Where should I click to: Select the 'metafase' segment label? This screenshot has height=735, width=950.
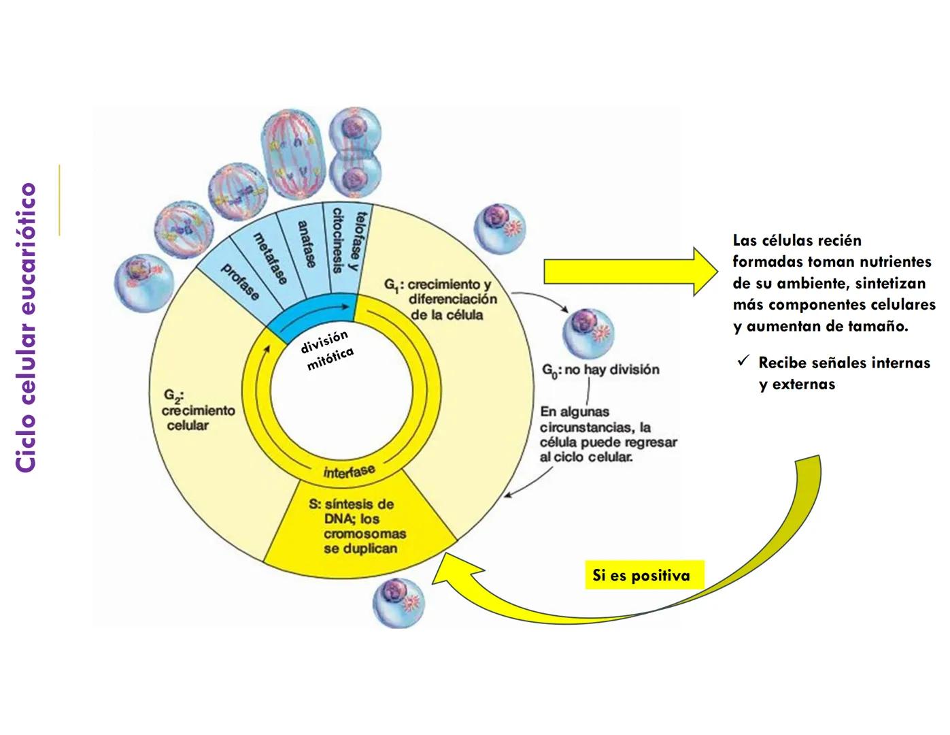[271, 258]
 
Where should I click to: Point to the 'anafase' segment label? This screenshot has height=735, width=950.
[307, 244]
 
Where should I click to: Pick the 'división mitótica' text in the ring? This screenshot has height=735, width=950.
[327, 350]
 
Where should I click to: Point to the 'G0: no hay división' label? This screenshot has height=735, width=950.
[600, 370]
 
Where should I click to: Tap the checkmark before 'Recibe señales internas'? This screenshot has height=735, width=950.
[743, 361]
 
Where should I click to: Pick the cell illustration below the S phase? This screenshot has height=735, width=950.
[398, 602]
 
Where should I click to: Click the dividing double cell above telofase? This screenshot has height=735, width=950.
[354, 157]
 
